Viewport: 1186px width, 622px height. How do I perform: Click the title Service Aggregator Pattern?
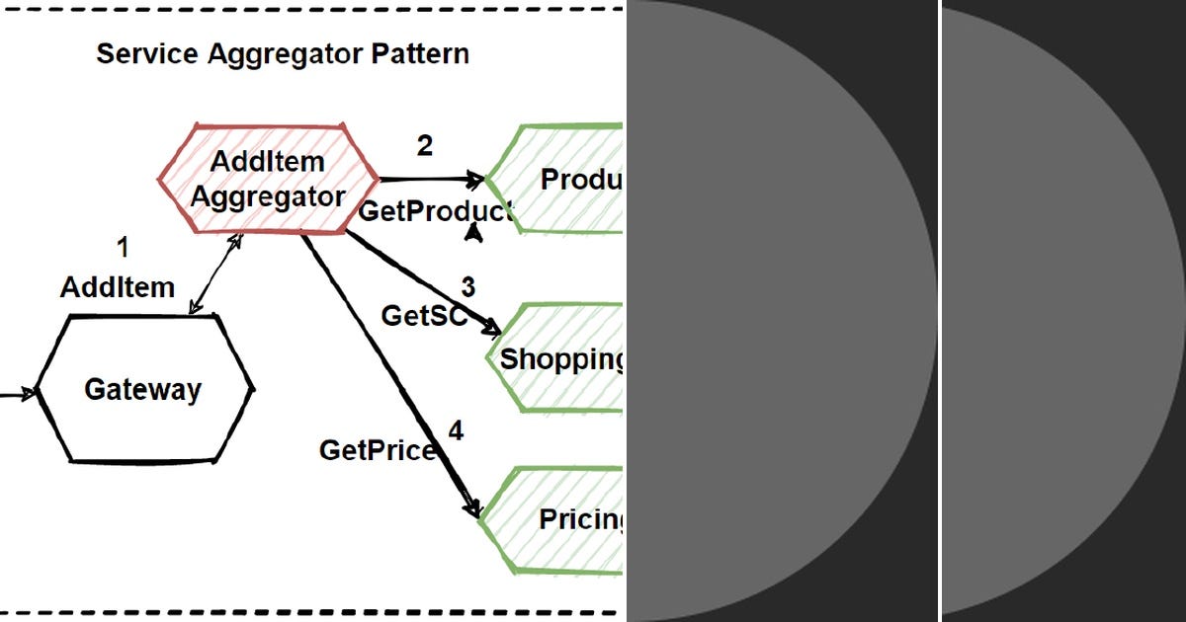282,53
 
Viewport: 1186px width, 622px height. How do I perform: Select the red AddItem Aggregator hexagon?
268,179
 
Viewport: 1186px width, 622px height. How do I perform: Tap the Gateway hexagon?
143,389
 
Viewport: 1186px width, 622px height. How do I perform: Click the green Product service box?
558,180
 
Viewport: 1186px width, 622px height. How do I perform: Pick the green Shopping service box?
558,358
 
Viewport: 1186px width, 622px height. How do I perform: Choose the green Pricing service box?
558,519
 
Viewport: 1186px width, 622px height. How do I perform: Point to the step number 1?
123,247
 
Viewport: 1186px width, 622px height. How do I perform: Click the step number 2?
425,146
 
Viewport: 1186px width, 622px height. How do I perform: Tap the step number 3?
467,287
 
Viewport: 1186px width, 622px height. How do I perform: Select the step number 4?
456,430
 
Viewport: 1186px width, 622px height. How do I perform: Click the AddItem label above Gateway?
118,287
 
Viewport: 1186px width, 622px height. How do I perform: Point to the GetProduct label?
435,210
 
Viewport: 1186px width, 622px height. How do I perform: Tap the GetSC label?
423,316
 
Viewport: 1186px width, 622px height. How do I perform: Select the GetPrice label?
377,450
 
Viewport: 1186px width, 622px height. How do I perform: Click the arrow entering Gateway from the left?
18,394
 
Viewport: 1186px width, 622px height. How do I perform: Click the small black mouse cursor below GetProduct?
474,233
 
